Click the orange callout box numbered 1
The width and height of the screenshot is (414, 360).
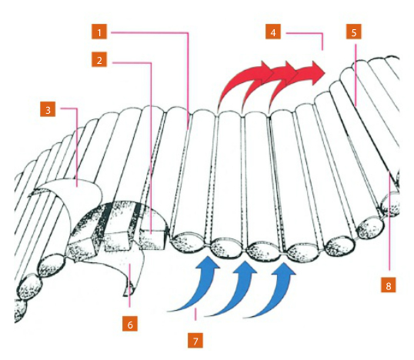click(98, 32)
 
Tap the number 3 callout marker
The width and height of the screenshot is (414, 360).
click(48, 110)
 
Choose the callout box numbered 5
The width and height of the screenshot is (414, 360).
click(352, 32)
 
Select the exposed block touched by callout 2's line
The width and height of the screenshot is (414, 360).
click(153, 238)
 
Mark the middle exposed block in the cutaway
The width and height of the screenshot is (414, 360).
click(120, 235)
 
